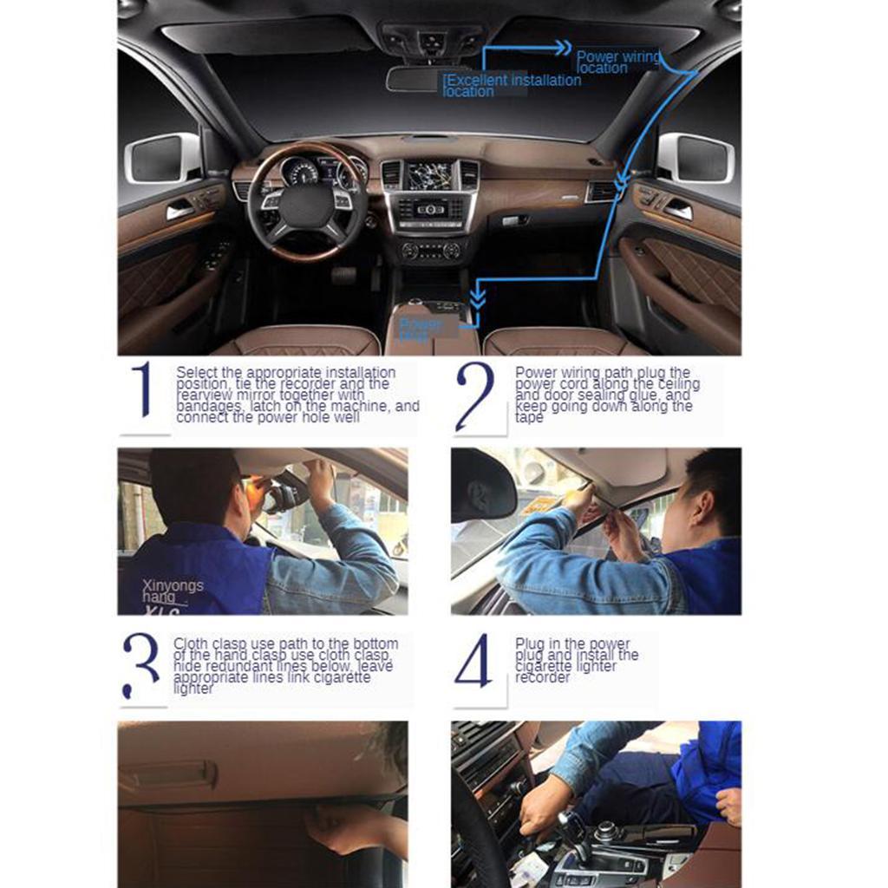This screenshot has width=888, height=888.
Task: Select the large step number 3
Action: point(141,665)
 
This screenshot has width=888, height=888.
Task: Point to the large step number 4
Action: point(473,661)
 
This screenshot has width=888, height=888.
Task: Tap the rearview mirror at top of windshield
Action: point(415,78)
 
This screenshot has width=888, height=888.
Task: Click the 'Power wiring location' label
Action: point(618,62)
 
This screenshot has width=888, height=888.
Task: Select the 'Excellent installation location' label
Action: point(512,85)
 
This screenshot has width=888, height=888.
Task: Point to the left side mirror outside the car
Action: point(164,158)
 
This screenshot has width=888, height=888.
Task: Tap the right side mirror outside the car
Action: point(695,158)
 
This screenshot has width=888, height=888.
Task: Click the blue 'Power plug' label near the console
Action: point(421,329)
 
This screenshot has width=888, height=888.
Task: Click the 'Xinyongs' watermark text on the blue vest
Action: point(173,585)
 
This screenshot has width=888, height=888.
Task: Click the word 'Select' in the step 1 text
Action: point(197,372)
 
